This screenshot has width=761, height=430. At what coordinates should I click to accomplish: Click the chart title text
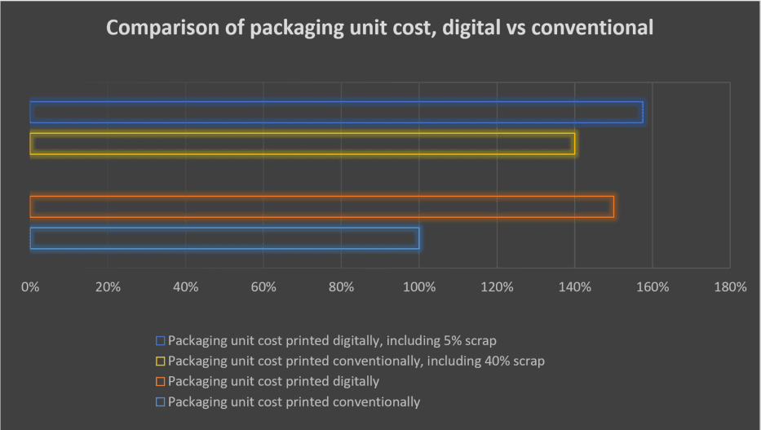click(380, 28)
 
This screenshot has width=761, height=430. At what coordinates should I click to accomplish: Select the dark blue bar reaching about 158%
click(336, 113)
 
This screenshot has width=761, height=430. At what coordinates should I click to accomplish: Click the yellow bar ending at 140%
click(302, 144)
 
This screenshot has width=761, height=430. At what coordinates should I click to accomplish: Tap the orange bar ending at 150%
click(321, 206)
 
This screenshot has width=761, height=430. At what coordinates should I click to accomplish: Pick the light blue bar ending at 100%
click(224, 238)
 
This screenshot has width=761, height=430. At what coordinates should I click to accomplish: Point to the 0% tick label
click(30, 287)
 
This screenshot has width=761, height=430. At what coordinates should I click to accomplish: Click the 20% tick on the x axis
click(108, 287)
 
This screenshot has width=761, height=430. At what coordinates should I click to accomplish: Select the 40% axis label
click(185, 287)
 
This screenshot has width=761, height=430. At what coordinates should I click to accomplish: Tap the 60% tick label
click(263, 287)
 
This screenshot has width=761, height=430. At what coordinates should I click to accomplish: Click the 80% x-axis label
click(341, 287)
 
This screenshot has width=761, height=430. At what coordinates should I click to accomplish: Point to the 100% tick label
click(419, 287)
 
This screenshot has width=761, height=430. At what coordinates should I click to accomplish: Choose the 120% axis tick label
click(497, 287)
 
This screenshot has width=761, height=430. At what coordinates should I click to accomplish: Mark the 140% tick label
click(574, 287)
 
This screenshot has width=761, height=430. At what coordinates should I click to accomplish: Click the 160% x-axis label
click(653, 287)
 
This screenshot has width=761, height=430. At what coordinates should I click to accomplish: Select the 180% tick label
click(730, 287)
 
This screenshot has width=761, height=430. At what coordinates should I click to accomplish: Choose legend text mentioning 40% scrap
click(356, 360)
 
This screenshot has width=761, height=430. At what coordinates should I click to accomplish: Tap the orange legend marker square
click(161, 381)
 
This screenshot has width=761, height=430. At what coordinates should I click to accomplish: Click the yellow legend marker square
click(161, 360)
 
